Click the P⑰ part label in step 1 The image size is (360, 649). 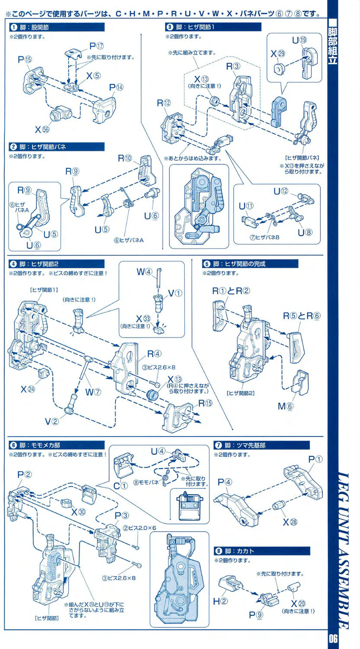[96, 45]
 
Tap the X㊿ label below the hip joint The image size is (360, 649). [42, 129]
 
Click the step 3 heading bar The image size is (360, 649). [213, 27]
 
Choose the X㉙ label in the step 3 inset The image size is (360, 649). [278, 54]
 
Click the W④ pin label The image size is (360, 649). [145, 272]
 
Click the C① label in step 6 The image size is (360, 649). [121, 485]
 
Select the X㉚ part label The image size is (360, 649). [78, 511]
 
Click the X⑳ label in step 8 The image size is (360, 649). [298, 603]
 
